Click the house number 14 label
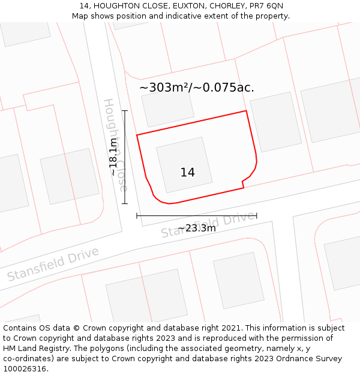point(187,173)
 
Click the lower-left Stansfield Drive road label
point(53,264)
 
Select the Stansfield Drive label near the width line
point(208,224)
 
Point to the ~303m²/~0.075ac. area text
point(197,88)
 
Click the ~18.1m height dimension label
point(113,157)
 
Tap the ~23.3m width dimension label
point(197,228)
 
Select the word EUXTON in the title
point(184,6)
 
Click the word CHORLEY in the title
point(227,6)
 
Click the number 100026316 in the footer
point(24,369)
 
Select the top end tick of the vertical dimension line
point(125,111)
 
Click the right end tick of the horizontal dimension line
point(256,215)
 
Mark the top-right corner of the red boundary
point(246,111)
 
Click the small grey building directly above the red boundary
point(168,108)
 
